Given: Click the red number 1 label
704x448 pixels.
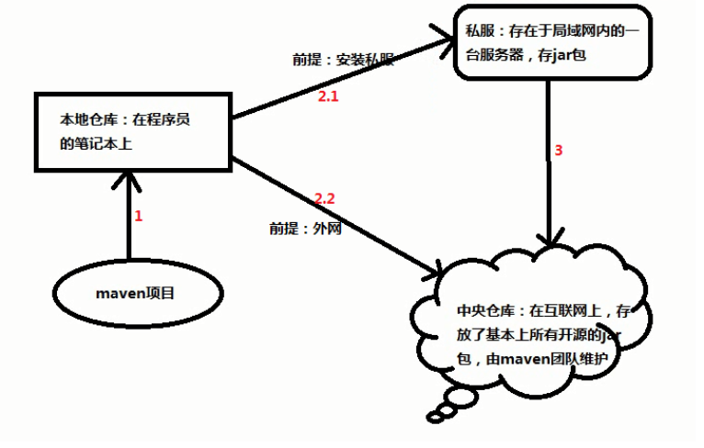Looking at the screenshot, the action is tap(138, 216).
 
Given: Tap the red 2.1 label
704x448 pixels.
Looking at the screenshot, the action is tap(328, 96).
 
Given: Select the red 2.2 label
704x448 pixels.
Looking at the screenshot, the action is tap(324, 198).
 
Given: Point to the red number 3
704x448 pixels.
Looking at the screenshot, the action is tap(559, 151).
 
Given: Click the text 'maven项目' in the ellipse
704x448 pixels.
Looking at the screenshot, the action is tap(135, 293).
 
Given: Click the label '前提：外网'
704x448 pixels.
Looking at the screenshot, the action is tap(305, 229).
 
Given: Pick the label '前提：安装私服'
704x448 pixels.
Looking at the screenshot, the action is tap(344, 60).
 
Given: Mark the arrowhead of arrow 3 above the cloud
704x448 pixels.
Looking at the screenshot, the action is tap(550, 238).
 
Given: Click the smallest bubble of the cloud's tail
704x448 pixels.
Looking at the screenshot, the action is tap(434, 418).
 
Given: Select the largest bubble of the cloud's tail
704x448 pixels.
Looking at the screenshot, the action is tap(461, 397).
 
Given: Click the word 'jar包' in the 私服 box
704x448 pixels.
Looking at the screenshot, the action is tap(569, 55).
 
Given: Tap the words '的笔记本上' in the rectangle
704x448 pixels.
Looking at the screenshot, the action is tap(97, 144).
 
